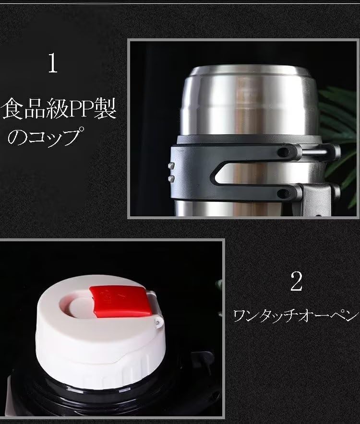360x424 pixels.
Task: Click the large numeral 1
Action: tap(53, 63)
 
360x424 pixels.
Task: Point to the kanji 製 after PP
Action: tap(105, 108)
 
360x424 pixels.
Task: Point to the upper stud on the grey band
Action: tap(171, 165)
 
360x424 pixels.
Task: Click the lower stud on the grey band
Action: tap(171, 178)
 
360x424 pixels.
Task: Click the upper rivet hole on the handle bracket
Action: tap(283, 153)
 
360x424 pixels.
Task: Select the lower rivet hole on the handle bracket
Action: tap(283, 193)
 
